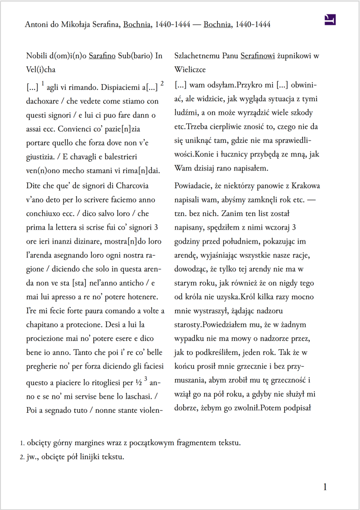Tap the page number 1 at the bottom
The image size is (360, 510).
point(325,487)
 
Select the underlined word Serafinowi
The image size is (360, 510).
point(259,56)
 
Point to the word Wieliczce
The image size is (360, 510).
point(190,69)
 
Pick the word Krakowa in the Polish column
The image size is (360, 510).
point(305,186)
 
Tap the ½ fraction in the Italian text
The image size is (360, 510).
point(139,383)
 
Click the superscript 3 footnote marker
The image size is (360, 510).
point(145,379)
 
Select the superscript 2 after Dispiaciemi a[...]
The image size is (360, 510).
point(162,83)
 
